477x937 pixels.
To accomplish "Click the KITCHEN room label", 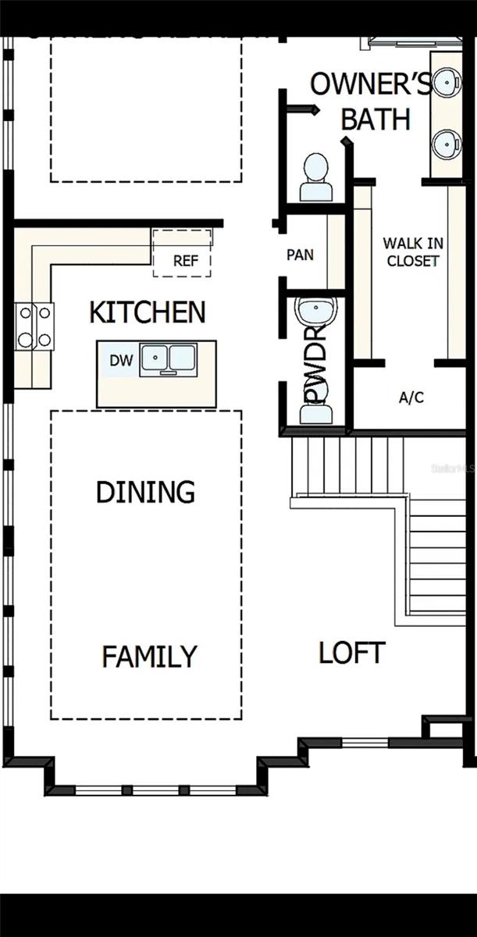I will [148, 312].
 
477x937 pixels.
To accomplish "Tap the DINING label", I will [145, 492].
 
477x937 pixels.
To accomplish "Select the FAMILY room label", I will [149, 657].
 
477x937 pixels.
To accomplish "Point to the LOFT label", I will [351, 653].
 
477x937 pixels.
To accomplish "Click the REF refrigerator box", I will [185, 260].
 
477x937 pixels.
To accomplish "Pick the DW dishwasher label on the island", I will [120, 360].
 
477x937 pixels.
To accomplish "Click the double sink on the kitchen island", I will [167, 360].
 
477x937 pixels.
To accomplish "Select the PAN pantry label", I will [301, 255].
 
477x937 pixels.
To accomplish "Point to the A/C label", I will [411, 397].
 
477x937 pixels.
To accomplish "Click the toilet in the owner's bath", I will [316, 178].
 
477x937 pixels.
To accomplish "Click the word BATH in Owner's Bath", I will [376, 119].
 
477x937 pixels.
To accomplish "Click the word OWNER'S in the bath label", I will [370, 84].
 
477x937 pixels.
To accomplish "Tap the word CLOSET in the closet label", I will [413, 261].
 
